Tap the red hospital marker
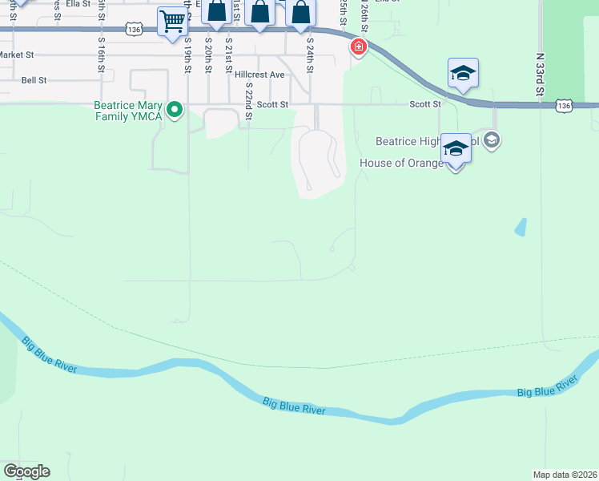tap(358, 47)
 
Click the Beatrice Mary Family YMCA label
tap(128, 111)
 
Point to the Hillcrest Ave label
tap(260, 75)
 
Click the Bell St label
tap(34, 80)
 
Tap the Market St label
tap(17, 55)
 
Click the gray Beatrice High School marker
tap(492, 141)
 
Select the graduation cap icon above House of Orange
tap(456, 150)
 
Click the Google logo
tap(26, 471)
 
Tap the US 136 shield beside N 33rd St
tap(565, 105)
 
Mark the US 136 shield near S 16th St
tap(134, 29)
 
